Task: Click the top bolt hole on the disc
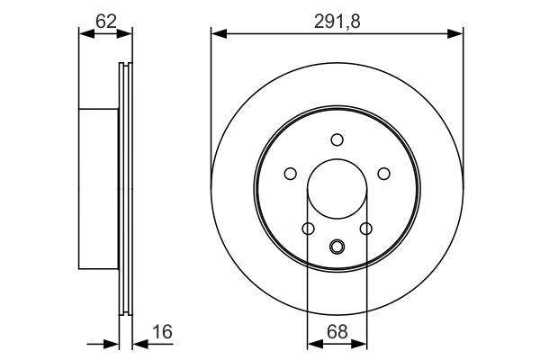(337, 139)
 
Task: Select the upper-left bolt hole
(291, 174)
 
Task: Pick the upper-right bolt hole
(382, 174)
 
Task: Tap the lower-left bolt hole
(308, 229)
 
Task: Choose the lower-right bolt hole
(365, 229)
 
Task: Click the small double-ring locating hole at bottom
(337, 247)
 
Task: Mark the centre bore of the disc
(337, 190)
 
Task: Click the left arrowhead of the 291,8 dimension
(217, 34)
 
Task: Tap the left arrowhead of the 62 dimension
(85, 34)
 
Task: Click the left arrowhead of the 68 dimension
(312, 343)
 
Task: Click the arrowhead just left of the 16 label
(138, 343)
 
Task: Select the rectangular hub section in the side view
(99, 189)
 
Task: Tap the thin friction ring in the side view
(125, 189)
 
